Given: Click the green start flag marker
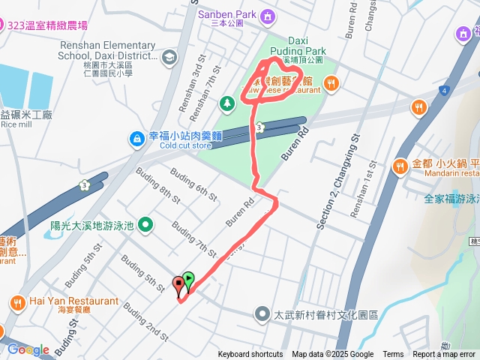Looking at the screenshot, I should (188, 280).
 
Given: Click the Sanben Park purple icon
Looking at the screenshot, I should (268, 15).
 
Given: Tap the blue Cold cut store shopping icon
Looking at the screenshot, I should (136, 137).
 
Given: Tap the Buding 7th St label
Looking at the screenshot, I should (193, 237).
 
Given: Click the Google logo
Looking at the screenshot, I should (28, 349).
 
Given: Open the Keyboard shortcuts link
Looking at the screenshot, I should (250, 355).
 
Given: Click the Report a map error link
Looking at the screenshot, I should (444, 355).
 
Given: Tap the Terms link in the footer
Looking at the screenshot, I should (393, 355).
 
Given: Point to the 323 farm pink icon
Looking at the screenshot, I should (3, 24).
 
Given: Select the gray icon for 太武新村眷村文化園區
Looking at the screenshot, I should (262, 313).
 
